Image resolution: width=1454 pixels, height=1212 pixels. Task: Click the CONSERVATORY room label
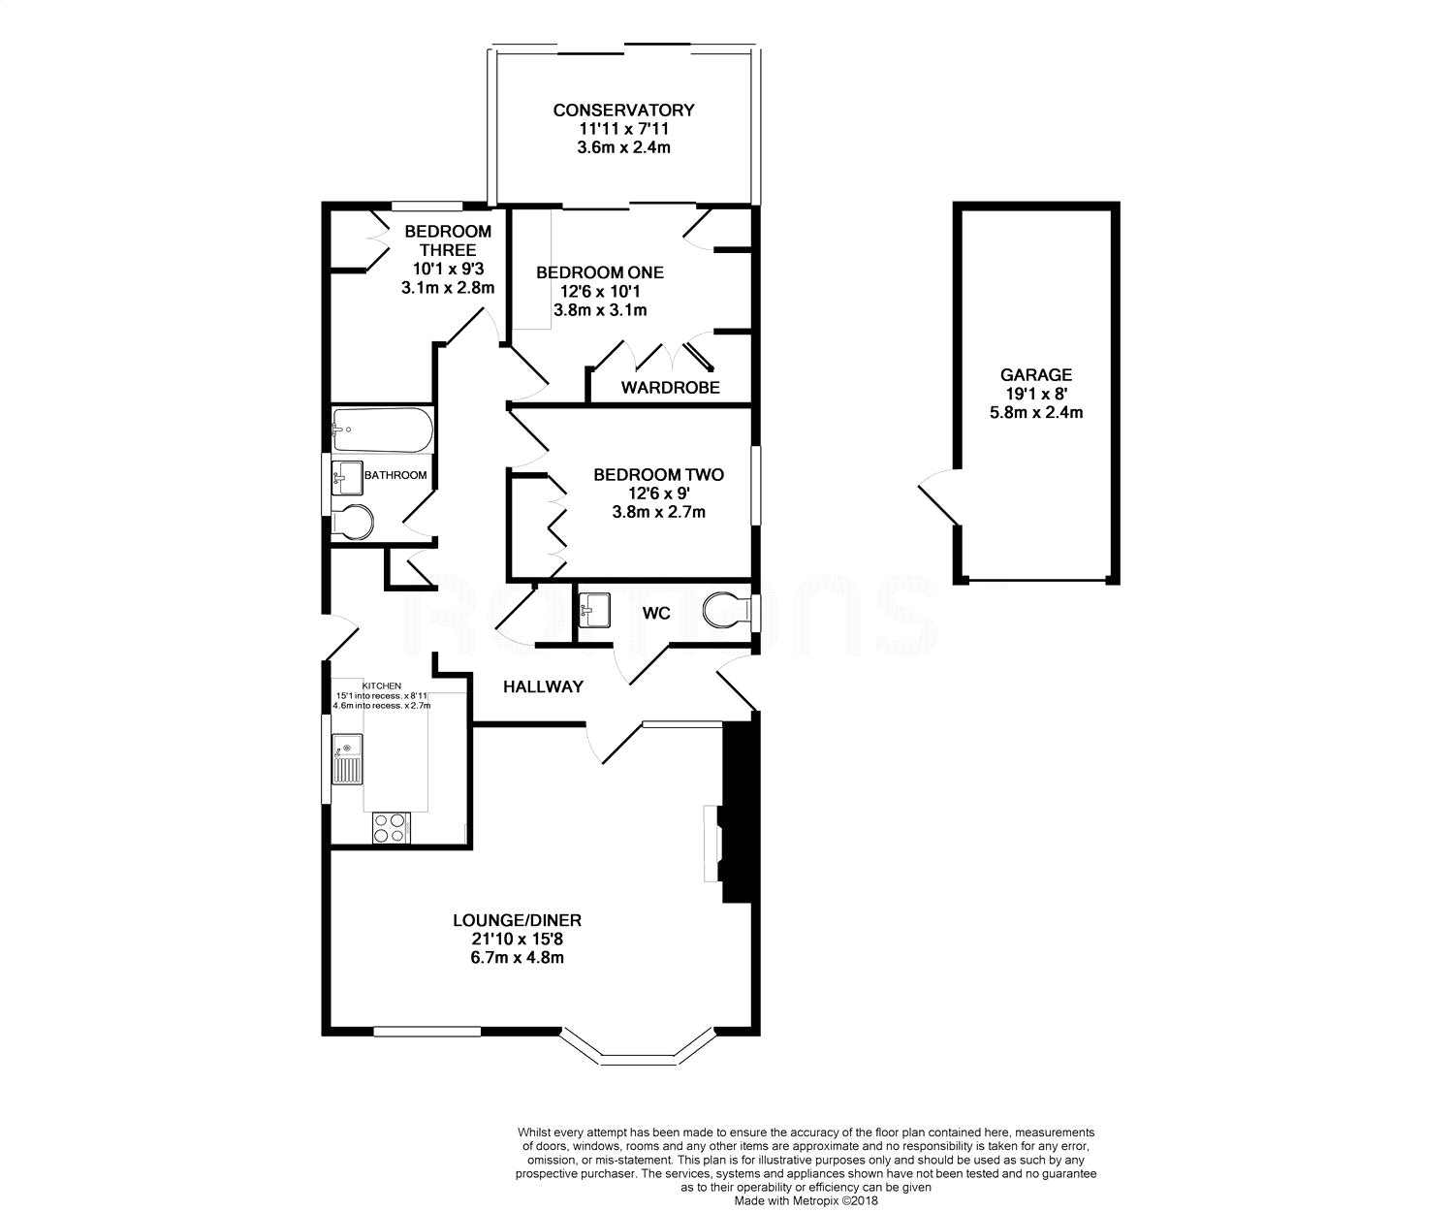(623, 111)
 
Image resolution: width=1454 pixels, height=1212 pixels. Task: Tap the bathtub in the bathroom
(382, 430)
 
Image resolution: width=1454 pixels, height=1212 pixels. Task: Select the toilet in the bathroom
(352, 521)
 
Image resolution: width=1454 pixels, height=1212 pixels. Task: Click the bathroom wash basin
(347, 478)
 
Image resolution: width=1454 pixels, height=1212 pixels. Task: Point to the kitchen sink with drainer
(347, 758)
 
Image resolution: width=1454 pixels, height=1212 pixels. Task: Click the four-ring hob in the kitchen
(391, 828)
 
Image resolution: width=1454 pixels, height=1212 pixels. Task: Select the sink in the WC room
(594, 610)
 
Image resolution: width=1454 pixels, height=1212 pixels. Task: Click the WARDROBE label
(670, 387)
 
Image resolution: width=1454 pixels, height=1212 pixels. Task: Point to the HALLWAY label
(543, 686)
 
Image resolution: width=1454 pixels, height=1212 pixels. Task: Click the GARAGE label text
(1036, 374)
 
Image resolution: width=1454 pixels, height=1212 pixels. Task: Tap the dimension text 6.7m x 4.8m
(517, 957)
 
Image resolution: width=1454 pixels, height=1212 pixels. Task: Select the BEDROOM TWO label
(658, 475)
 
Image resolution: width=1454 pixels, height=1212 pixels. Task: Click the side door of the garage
(940, 495)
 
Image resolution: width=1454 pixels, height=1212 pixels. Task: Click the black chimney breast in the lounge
(738, 813)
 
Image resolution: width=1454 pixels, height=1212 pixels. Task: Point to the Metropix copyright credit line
(806, 1201)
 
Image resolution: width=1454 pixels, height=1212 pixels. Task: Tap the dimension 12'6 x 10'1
(600, 291)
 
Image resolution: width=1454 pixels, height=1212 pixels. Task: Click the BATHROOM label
(395, 475)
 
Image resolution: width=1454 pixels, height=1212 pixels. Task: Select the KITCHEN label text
(382, 686)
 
